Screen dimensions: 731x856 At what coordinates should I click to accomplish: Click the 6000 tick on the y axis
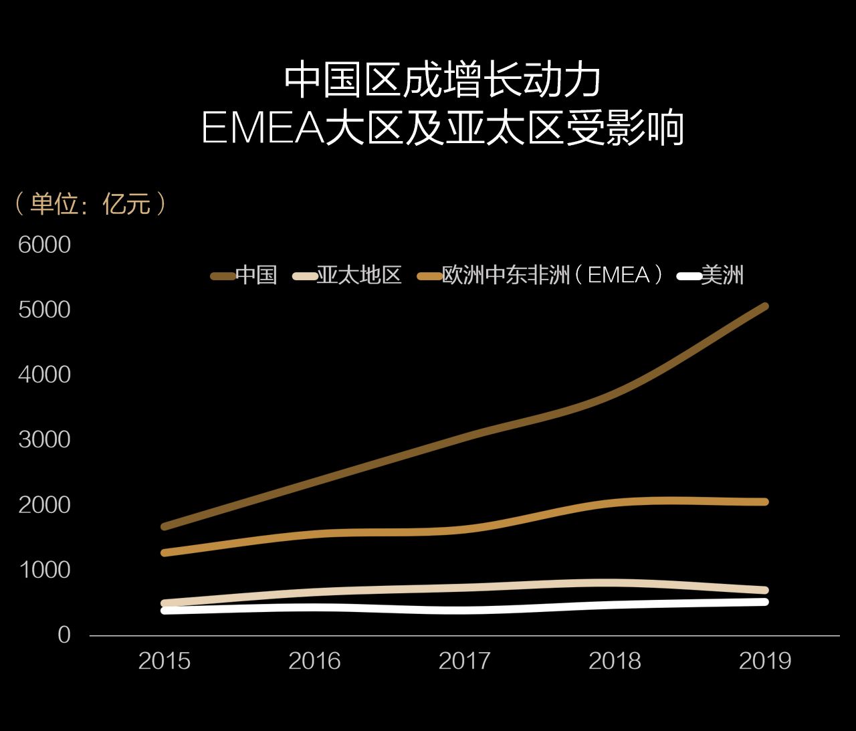tap(44, 245)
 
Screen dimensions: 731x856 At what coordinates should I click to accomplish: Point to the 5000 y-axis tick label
tap(44, 310)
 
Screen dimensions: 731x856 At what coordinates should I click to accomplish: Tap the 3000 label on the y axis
tap(44, 439)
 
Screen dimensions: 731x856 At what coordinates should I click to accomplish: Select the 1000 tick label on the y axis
tap(44, 569)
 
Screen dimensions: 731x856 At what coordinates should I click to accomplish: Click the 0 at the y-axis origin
tap(64, 634)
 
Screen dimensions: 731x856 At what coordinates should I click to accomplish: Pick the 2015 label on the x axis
tap(165, 661)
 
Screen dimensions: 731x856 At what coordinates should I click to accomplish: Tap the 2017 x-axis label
tap(465, 661)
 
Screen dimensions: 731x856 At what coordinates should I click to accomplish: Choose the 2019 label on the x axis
tap(765, 661)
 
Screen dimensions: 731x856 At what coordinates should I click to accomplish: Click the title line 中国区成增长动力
tap(442, 80)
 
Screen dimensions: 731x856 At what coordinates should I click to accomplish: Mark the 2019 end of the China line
tap(764, 307)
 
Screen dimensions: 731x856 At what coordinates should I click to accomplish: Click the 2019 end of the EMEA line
tap(764, 502)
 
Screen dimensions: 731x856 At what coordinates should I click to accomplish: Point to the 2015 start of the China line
tap(165, 526)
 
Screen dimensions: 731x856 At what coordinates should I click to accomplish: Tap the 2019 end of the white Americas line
tap(764, 602)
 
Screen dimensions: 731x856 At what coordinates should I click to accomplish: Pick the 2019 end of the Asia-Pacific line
tap(764, 591)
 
